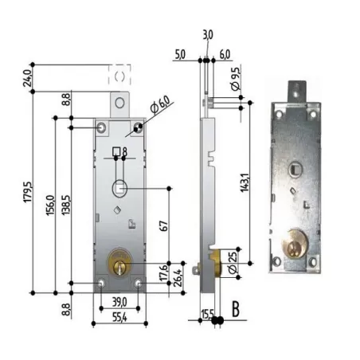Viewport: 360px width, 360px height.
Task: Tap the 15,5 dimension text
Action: point(207,315)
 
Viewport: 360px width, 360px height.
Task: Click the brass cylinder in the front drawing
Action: point(119,262)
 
